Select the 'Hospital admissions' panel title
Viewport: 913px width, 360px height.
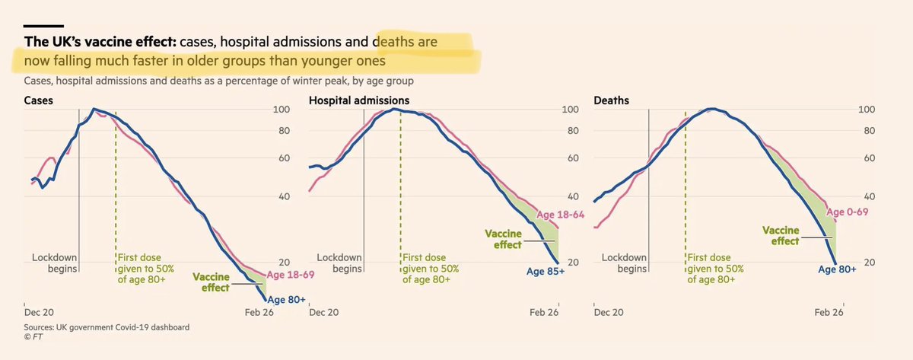click(358, 100)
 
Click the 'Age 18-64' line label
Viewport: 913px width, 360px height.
click(561, 215)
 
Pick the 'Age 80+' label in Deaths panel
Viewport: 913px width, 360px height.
click(838, 268)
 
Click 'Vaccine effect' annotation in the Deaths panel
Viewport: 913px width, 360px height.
click(780, 234)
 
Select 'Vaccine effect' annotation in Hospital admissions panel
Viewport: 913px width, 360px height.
click(502, 239)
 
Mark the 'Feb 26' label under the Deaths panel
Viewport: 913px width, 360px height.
click(829, 313)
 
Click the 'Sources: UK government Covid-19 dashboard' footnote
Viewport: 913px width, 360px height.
click(107, 327)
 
